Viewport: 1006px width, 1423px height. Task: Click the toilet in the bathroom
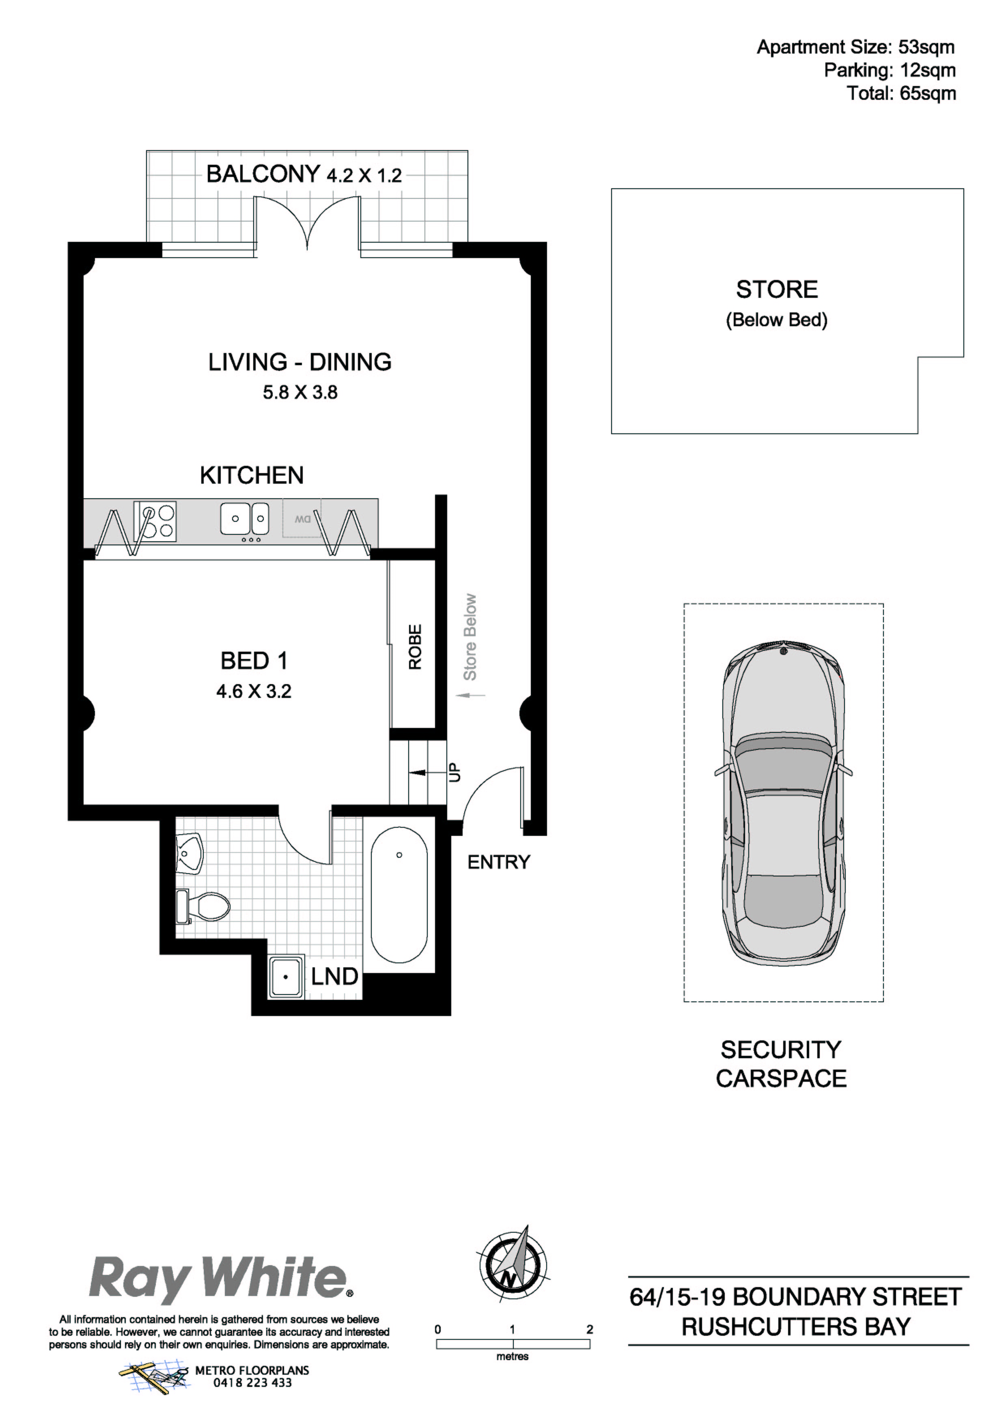click(x=202, y=907)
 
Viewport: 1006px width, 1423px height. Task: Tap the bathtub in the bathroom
click(x=399, y=895)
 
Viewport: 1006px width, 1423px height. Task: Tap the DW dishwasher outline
click(x=302, y=518)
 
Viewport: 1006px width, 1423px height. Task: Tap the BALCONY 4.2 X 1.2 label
click(x=304, y=174)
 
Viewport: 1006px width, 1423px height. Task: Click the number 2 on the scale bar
click(x=590, y=1329)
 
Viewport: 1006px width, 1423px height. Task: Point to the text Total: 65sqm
click(x=901, y=94)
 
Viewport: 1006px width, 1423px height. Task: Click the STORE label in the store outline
click(x=777, y=289)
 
